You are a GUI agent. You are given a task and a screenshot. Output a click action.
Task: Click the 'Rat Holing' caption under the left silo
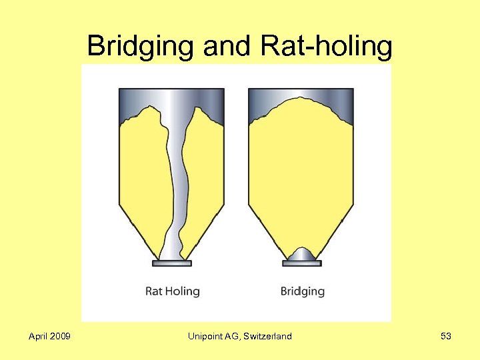(172, 291)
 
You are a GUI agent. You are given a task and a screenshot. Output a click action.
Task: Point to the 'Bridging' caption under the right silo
(302, 291)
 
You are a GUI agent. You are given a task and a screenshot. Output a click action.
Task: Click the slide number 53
(446, 337)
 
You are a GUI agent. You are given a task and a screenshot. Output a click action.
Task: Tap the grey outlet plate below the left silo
(171, 263)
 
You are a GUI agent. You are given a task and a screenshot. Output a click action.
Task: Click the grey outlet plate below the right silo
(301, 263)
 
